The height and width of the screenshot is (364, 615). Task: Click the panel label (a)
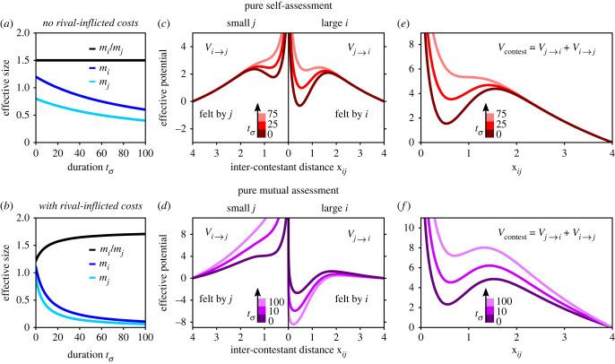(11, 22)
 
